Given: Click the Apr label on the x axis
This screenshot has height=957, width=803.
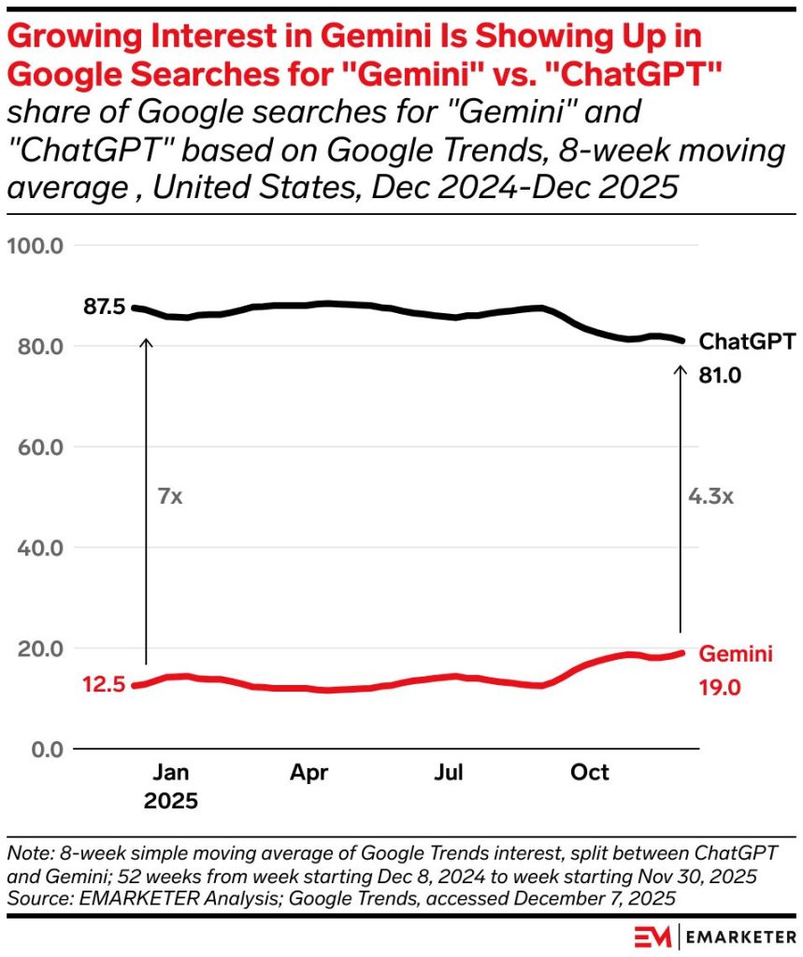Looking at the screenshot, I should [x=309, y=773].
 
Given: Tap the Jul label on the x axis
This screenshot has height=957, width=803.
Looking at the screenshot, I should [x=452, y=773].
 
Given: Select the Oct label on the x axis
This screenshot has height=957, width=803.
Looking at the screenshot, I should [x=590, y=773].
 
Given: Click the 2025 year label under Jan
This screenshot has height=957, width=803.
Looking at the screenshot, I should [x=170, y=801].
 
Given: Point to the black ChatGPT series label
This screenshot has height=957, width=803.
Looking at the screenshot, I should [x=748, y=342].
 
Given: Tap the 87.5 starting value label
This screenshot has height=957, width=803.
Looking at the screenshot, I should [x=104, y=307].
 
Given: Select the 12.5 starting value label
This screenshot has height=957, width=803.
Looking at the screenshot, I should [x=104, y=685].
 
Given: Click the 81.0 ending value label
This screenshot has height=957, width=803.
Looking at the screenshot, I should [x=720, y=376].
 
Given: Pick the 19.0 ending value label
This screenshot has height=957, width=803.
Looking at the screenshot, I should [x=720, y=689].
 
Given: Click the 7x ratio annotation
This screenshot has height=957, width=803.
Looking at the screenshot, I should [x=169, y=495].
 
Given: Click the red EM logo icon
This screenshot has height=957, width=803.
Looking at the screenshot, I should [x=651, y=936].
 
